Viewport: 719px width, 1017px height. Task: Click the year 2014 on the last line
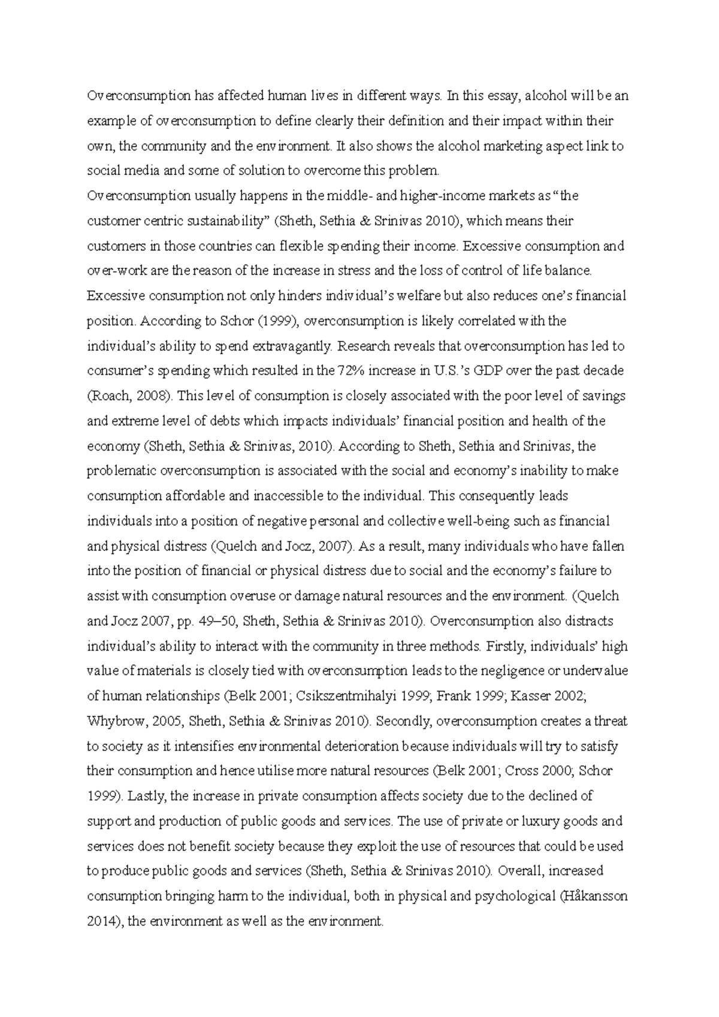click(x=104, y=922)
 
